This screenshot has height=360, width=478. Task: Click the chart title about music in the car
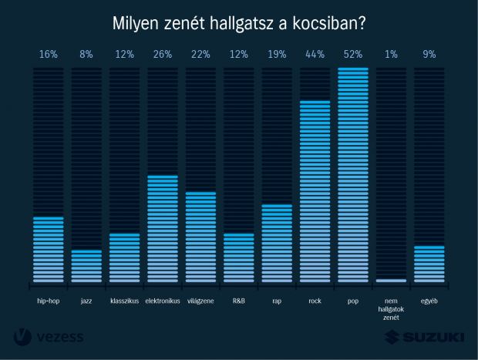pos(239,22)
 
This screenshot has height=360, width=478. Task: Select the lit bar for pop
pos(353,175)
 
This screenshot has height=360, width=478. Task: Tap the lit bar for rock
pos(315,191)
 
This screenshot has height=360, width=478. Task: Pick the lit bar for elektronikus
pos(163,229)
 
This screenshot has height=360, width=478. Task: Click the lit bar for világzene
pos(200,237)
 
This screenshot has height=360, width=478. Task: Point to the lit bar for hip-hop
pos(49,249)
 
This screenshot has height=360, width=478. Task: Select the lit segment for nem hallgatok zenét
pos(391,280)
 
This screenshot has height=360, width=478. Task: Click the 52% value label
pos(353,55)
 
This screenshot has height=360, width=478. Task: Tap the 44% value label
pos(315,55)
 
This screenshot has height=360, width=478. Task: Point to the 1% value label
pos(391,55)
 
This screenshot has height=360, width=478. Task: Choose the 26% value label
pos(163,55)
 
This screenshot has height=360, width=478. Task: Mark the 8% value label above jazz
pos(86,55)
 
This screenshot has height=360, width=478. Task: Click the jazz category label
pos(86,301)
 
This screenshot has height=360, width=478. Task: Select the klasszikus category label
pos(124,301)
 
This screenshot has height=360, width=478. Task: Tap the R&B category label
pos(238,301)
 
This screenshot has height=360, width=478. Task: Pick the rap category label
pos(277,301)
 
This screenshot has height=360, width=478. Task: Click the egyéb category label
pos(429,301)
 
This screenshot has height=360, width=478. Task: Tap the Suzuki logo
pos(425,337)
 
